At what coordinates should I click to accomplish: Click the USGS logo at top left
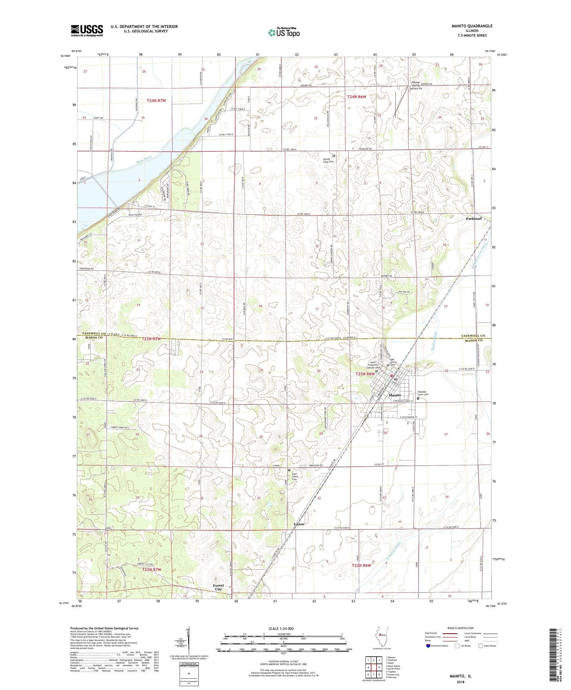(87, 31)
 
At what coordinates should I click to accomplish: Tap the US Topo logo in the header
(284, 32)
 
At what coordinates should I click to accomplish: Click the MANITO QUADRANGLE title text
(474, 26)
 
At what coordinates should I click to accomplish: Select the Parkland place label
(474, 219)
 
